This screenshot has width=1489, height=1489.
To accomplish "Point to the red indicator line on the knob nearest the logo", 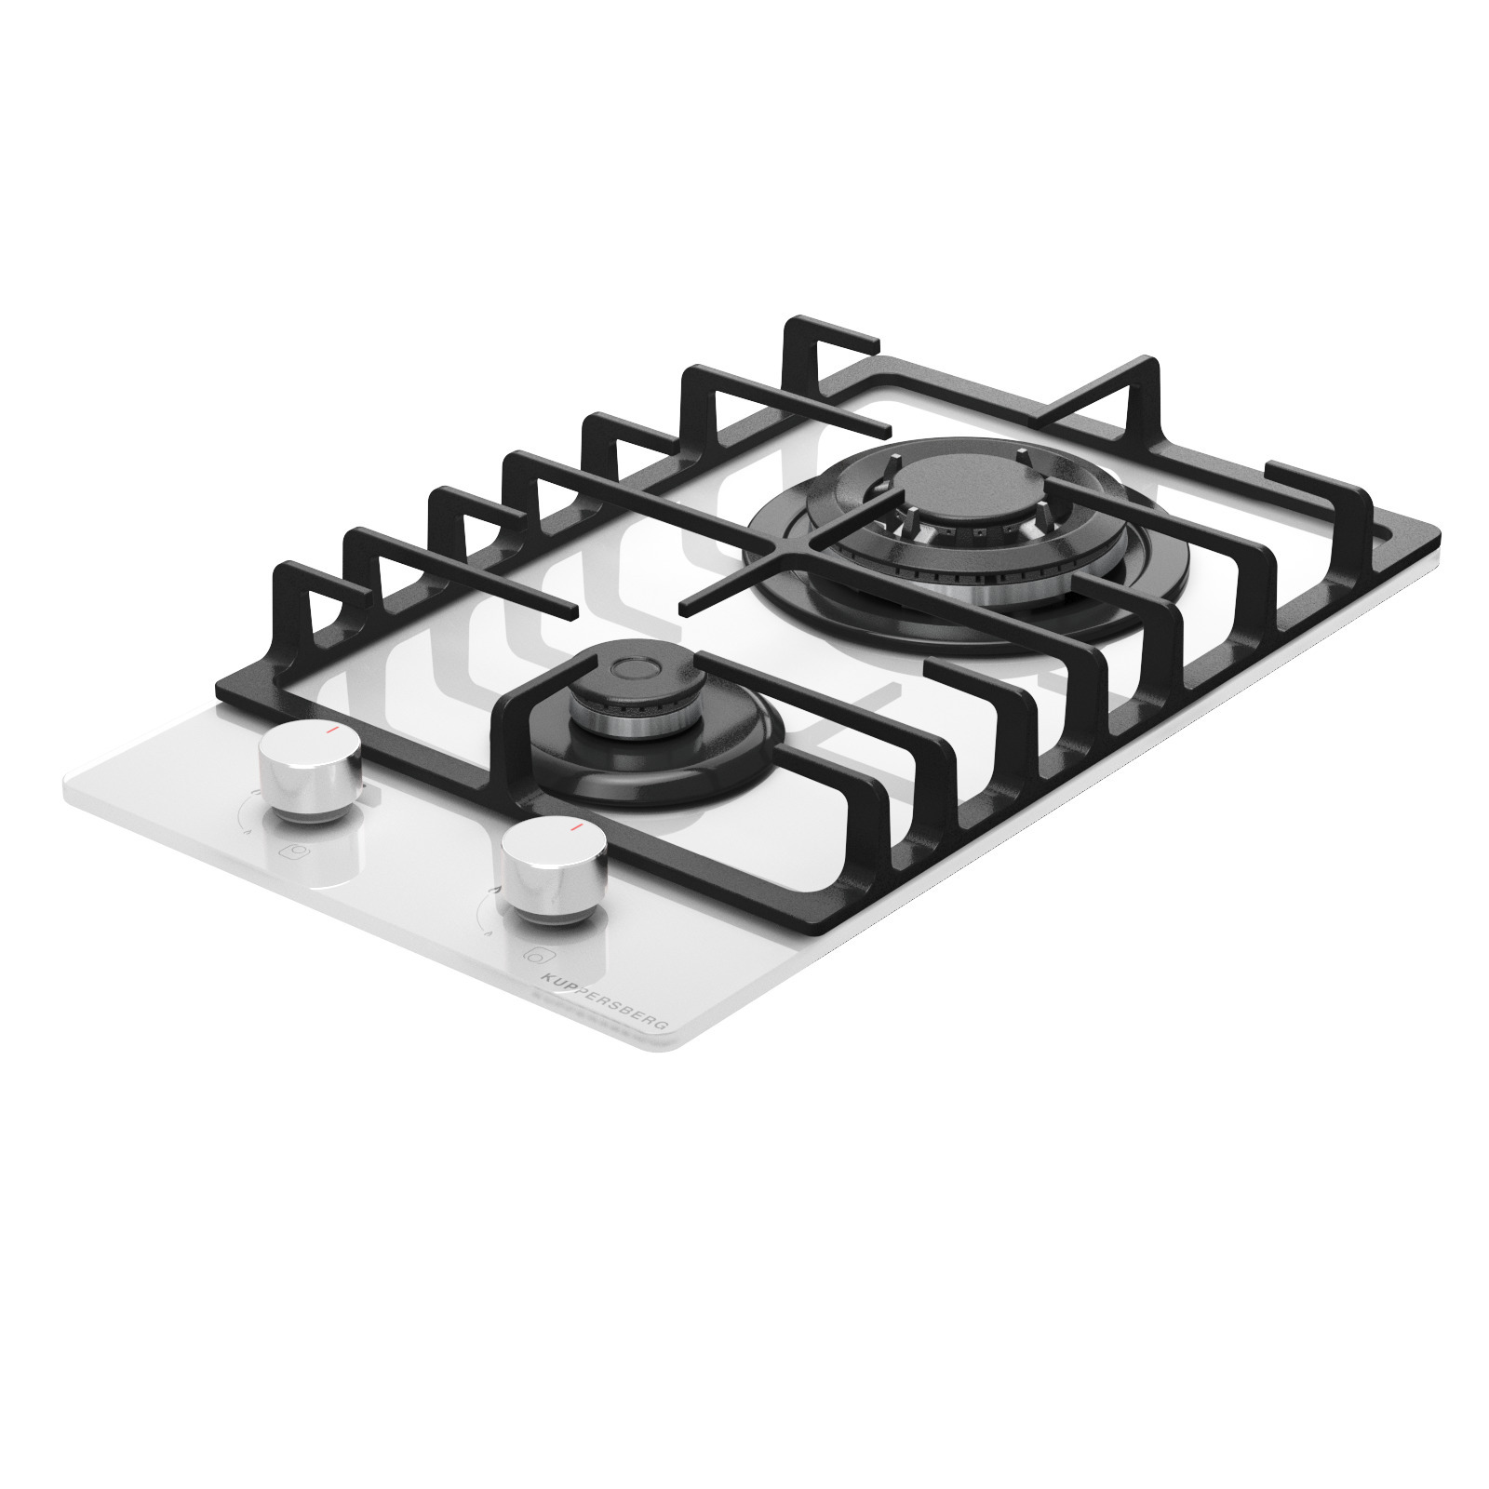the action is [x=578, y=825].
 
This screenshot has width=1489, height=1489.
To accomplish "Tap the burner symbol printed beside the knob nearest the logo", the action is [x=536, y=955].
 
